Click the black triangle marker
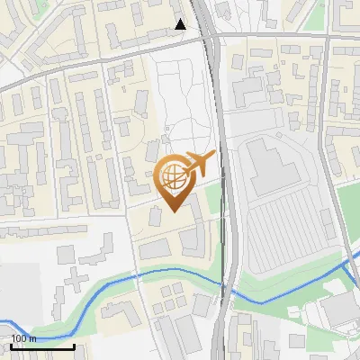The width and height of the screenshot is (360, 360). click(181, 24)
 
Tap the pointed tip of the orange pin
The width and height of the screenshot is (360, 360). click(173, 210)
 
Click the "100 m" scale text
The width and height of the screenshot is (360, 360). click(24, 338)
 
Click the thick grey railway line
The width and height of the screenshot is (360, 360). click(227, 180)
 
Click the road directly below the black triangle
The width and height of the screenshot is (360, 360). click(181, 39)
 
